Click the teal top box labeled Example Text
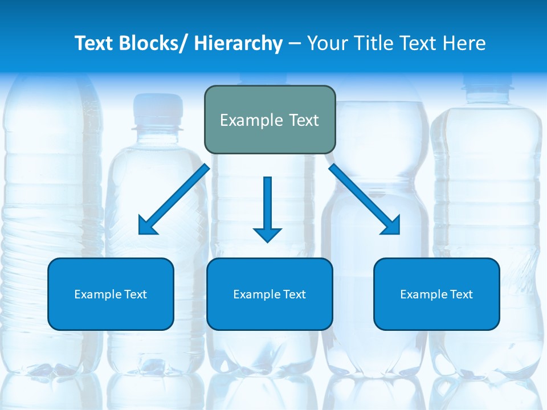(x=270, y=120)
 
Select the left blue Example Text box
(x=111, y=294)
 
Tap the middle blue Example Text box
(x=270, y=294)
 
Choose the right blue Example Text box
(x=436, y=294)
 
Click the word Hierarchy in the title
(x=238, y=43)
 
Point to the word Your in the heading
(x=327, y=43)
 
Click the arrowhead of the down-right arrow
(x=392, y=226)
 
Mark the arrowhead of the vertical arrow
(x=268, y=235)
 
